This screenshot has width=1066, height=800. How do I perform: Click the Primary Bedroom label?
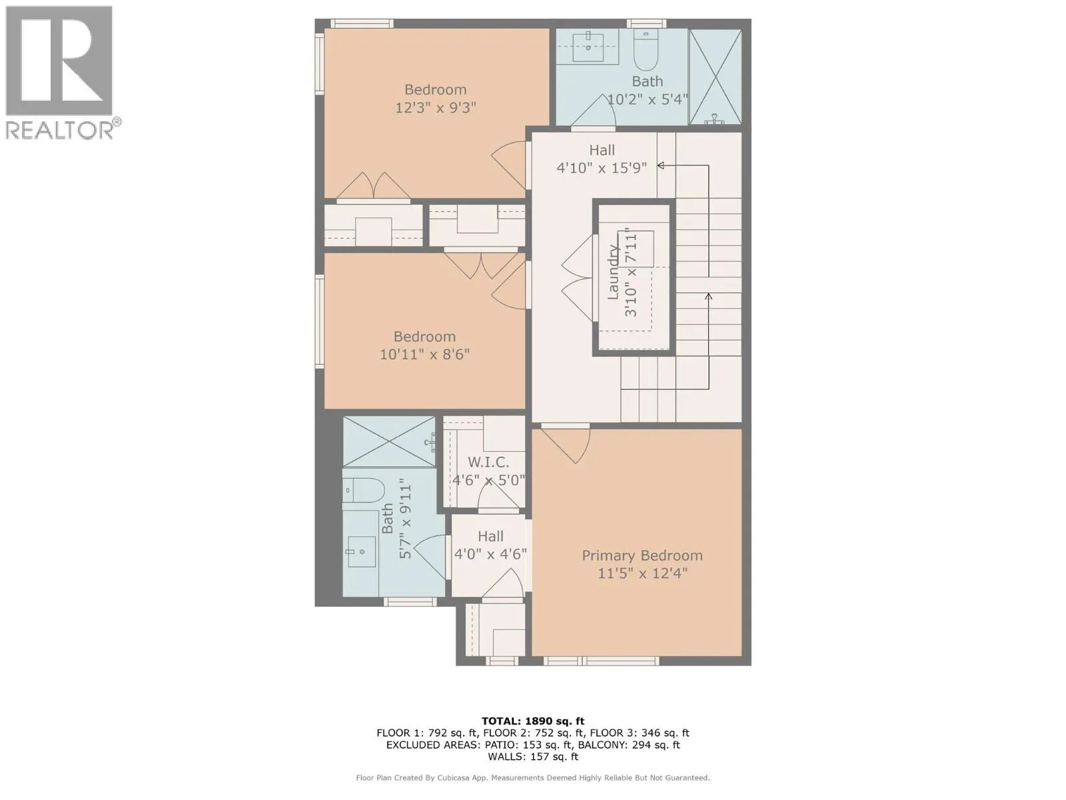point(642,556)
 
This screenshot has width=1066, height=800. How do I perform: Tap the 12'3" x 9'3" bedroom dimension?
point(435,107)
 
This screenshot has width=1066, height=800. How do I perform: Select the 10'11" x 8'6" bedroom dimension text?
point(424,355)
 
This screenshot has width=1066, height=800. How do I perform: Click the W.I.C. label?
point(488,462)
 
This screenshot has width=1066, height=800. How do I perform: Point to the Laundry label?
point(614,272)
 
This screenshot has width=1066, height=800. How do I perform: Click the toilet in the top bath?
point(646,50)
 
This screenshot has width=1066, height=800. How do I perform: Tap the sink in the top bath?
point(588,47)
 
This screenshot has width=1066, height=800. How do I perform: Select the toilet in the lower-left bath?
point(364,491)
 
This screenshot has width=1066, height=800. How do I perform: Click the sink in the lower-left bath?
point(360,552)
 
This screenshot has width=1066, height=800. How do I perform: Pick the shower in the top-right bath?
point(715,76)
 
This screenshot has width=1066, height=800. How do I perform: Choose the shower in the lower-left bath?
point(390,442)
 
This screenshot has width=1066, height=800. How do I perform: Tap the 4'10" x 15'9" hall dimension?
point(602,168)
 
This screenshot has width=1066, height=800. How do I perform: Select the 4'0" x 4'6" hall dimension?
point(490,554)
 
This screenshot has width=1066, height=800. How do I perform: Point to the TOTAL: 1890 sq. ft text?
point(533,721)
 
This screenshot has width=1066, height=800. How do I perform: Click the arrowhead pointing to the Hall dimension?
point(660,165)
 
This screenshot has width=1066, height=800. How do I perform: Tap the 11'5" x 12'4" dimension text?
point(642,573)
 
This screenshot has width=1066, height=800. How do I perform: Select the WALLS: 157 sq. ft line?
point(533,757)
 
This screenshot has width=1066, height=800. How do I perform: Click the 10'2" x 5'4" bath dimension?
point(648,99)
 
